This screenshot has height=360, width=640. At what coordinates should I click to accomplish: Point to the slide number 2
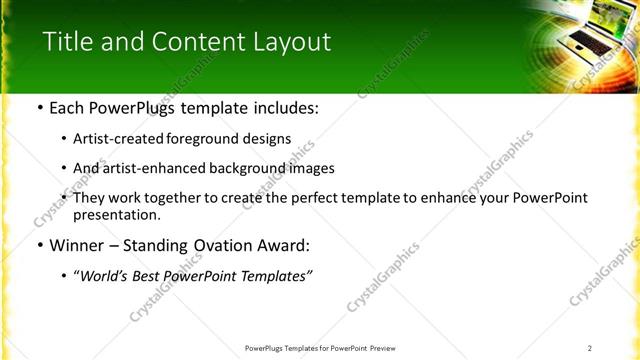point(590,348)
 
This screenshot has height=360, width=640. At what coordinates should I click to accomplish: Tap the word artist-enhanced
point(154,169)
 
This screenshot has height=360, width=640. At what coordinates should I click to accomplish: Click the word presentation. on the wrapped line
point(116,215)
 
